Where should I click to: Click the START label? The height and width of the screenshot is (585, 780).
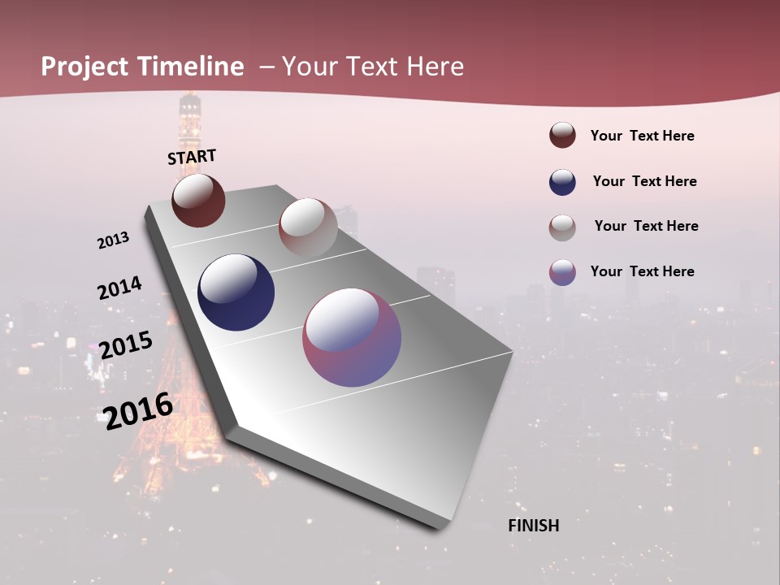click(192, 157)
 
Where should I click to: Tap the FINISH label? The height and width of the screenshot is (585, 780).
click(534, 526)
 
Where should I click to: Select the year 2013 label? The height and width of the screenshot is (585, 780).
click(113, 240)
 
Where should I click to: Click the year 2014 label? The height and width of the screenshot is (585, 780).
click(119, 288)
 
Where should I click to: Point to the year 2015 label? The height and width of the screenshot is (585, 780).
click(126, 344)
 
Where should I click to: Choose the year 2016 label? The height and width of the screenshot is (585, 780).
click(138, 409)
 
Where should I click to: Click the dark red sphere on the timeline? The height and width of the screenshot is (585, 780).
click(198, 201)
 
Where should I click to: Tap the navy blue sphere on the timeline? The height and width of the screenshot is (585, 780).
click(236, 292)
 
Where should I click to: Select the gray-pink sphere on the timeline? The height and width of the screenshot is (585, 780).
click(308, 227)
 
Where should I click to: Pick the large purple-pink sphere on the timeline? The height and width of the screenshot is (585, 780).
click(352, 337)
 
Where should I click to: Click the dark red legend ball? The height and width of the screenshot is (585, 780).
click(562, 136)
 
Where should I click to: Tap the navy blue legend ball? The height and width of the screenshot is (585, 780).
click(562, 182)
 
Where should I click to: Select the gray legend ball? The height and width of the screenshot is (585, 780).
click(562, 227)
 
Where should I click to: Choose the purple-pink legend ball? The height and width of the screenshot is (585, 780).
click(562, 272)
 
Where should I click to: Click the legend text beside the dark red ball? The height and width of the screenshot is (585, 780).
click(642, 136)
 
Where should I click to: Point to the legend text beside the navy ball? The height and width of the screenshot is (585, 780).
click(644, 181)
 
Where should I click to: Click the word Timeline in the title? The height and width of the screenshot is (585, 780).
click(190, 67)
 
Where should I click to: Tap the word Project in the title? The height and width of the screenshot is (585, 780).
click(84, 67)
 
